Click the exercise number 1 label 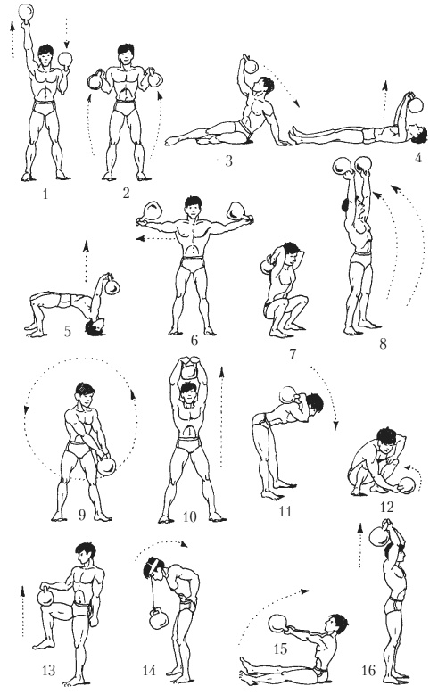coord(45,194)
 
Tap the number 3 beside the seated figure coord(228,161)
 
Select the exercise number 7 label coord(292,354)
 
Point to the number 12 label coord(386,506)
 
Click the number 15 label coord(280,649)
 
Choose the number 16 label coord(368,670)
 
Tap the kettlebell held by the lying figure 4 coord(416,104)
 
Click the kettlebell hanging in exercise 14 coord(158,618)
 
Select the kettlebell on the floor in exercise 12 coord(407,484)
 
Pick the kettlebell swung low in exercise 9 coord(106,465)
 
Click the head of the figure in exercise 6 coord(194,206)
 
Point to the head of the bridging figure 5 coord(95,326)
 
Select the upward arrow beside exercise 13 coord(22,611)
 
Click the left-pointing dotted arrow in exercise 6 coord(154,239)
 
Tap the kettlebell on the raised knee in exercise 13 coord(45,596)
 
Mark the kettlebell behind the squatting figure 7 coord(268,266)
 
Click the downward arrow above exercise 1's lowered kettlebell coord(66,33)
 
